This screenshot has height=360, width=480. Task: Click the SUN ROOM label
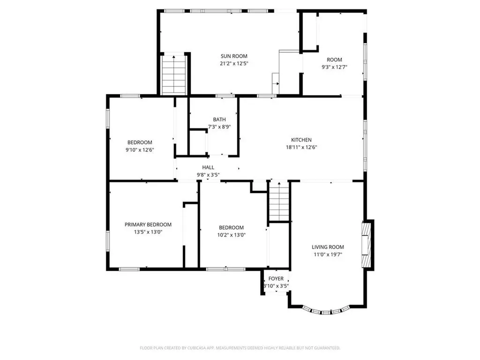pyautogui.click(x=234, y=56)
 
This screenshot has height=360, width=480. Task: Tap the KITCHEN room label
pyautogui.click(x=301, y=140)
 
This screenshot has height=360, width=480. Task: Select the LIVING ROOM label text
pyautogui.click(x=328, y=247)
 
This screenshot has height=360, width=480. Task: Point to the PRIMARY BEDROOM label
pyautogui.click(x=148, y=225)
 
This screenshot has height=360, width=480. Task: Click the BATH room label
pyautogui.click(x=219, y=120)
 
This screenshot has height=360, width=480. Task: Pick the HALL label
pyautogui.click(x=208, y=167)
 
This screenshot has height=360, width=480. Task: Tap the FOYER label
pyautogui.click(x=276, y=278)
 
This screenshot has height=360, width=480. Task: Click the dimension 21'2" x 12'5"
pyautogui.click(x=234, y=63)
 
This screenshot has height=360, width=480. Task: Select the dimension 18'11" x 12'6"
pyautogui.click(x=301, y=147)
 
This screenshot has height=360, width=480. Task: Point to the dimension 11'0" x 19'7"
pyautogui.click(x=328, y=255)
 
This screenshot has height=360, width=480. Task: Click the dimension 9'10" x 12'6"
pyautogui.click(x=140, y=150)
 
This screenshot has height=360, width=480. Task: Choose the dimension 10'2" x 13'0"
pyautogui.click(x=231, y=235)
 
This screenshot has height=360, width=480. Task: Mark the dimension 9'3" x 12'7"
pyautogui.click(x=334, y=67)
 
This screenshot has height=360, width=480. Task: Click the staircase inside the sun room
pyautogui.click(x=174, y=75)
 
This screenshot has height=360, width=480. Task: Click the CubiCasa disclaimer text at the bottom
pyautogui.click(x=240, y=348)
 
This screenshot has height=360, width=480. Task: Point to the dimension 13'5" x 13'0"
pyautogui.click(x=148, y=232)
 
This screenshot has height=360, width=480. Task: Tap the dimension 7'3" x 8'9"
pyautogui.click(x=219, y=127)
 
